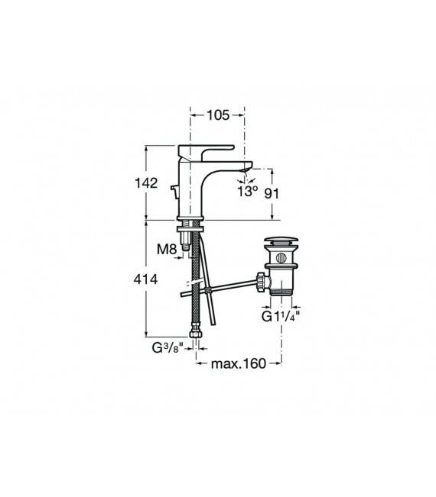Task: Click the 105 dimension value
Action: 218,115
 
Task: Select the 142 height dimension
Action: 146,183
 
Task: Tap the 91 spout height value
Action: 272,193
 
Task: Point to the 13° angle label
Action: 248,191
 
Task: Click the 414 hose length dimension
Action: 146,279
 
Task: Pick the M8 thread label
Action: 167,250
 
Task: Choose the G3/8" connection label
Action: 168,348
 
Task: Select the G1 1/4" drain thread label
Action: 281,316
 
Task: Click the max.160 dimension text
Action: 239,363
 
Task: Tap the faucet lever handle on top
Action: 206,151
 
